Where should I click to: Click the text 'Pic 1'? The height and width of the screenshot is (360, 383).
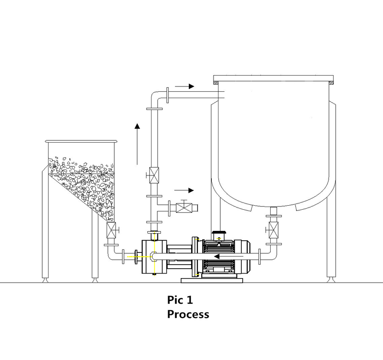tap(180, 300)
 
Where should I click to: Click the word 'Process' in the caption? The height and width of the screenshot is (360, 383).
tap(188, 314)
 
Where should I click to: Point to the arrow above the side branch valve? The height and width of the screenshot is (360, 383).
tap(184, 190)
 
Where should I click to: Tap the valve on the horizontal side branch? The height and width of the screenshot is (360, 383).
tap(184, 208)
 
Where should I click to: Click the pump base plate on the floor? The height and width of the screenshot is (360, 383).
tap(211, 280)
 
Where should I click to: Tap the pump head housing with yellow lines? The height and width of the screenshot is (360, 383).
tap(154, 256)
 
